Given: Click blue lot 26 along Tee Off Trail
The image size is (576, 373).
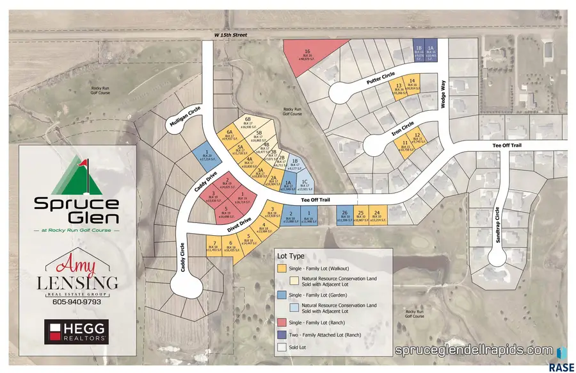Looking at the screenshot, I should (344, 215).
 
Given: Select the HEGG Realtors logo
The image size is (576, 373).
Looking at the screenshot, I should (76, 331).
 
